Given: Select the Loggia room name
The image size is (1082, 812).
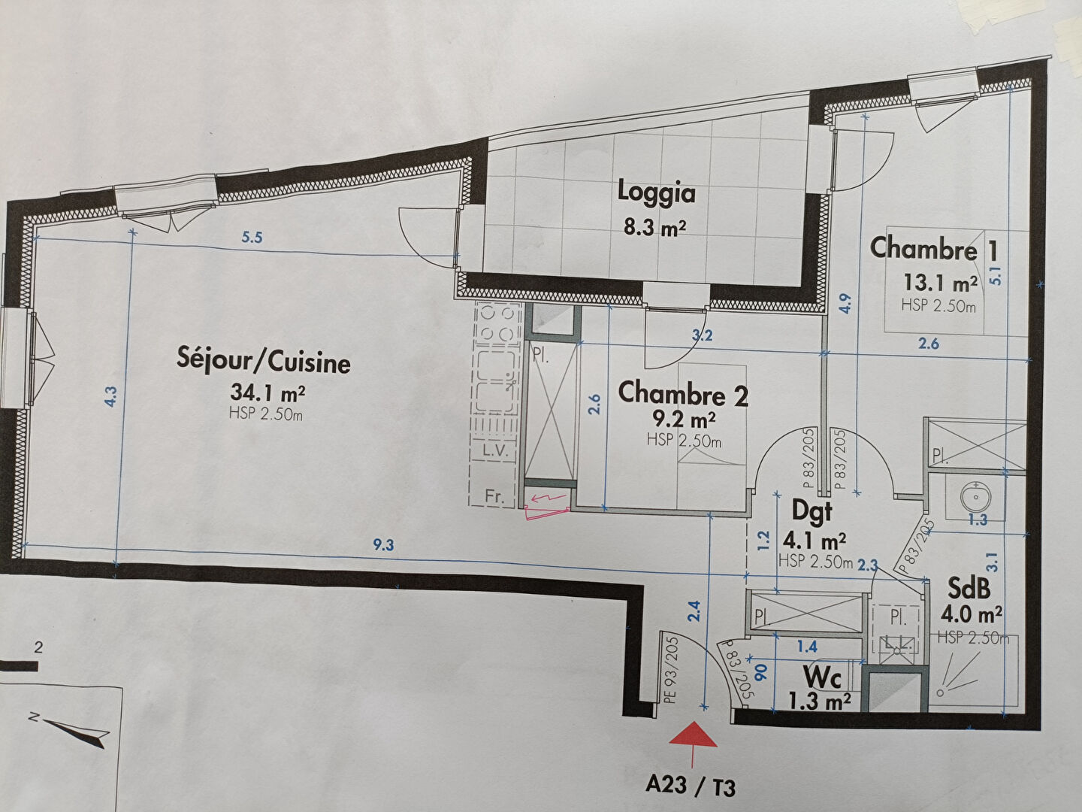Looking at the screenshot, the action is [656, 192].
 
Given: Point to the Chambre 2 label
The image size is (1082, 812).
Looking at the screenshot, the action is [683, 393].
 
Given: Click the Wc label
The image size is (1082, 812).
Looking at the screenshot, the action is [822, 678].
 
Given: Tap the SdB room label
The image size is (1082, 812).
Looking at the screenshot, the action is [969, 588].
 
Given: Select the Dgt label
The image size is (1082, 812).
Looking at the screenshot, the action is [811, 511].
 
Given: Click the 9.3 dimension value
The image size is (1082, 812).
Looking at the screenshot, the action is [383, 545].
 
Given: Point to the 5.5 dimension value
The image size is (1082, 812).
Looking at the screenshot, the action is [252, 238].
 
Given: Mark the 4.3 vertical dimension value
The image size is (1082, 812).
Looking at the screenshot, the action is [110, 396].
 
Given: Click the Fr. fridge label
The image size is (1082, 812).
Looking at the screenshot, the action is [494, 496].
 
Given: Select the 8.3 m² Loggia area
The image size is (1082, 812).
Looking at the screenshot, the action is [654, 228].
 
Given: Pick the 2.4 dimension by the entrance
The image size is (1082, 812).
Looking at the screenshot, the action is [694, 611].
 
